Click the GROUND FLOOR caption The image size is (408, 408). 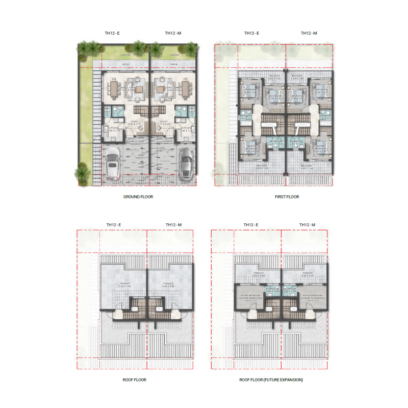[138, 196]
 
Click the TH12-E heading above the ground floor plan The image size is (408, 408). [112, 33]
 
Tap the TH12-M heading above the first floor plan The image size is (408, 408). [309, 33]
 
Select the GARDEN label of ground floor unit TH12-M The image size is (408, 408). [174, 55]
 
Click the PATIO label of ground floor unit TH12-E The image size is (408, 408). [125, 64]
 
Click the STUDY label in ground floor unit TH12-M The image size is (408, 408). [164, 121]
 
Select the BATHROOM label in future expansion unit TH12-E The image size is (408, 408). [275, 288]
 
